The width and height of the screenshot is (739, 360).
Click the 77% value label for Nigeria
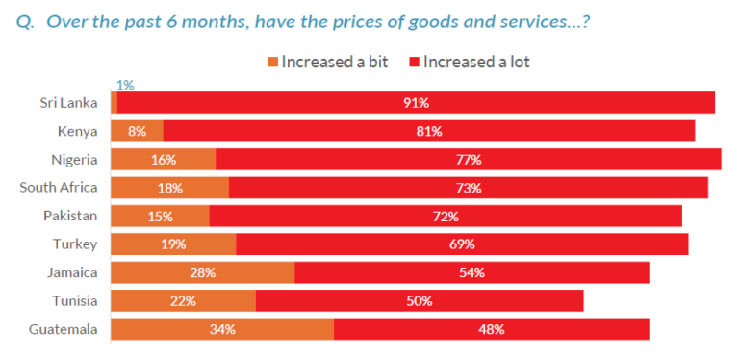(x=469, y=160)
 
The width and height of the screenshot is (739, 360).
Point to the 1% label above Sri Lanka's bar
(x=123, y=85)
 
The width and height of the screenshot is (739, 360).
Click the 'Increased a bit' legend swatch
(x=273, y=63)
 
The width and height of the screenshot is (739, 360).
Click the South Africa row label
(x=59, y=188)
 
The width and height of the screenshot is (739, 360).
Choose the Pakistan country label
(x=70, y=217)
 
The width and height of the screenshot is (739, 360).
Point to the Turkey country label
(x=77, y=244)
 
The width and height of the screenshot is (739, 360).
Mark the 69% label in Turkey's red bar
(x=462, y=244)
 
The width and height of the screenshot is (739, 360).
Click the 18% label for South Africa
(x=169, y=188)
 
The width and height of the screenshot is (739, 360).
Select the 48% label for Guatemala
(x=491, y=329)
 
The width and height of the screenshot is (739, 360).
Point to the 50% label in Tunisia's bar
(x=420, y=301)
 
